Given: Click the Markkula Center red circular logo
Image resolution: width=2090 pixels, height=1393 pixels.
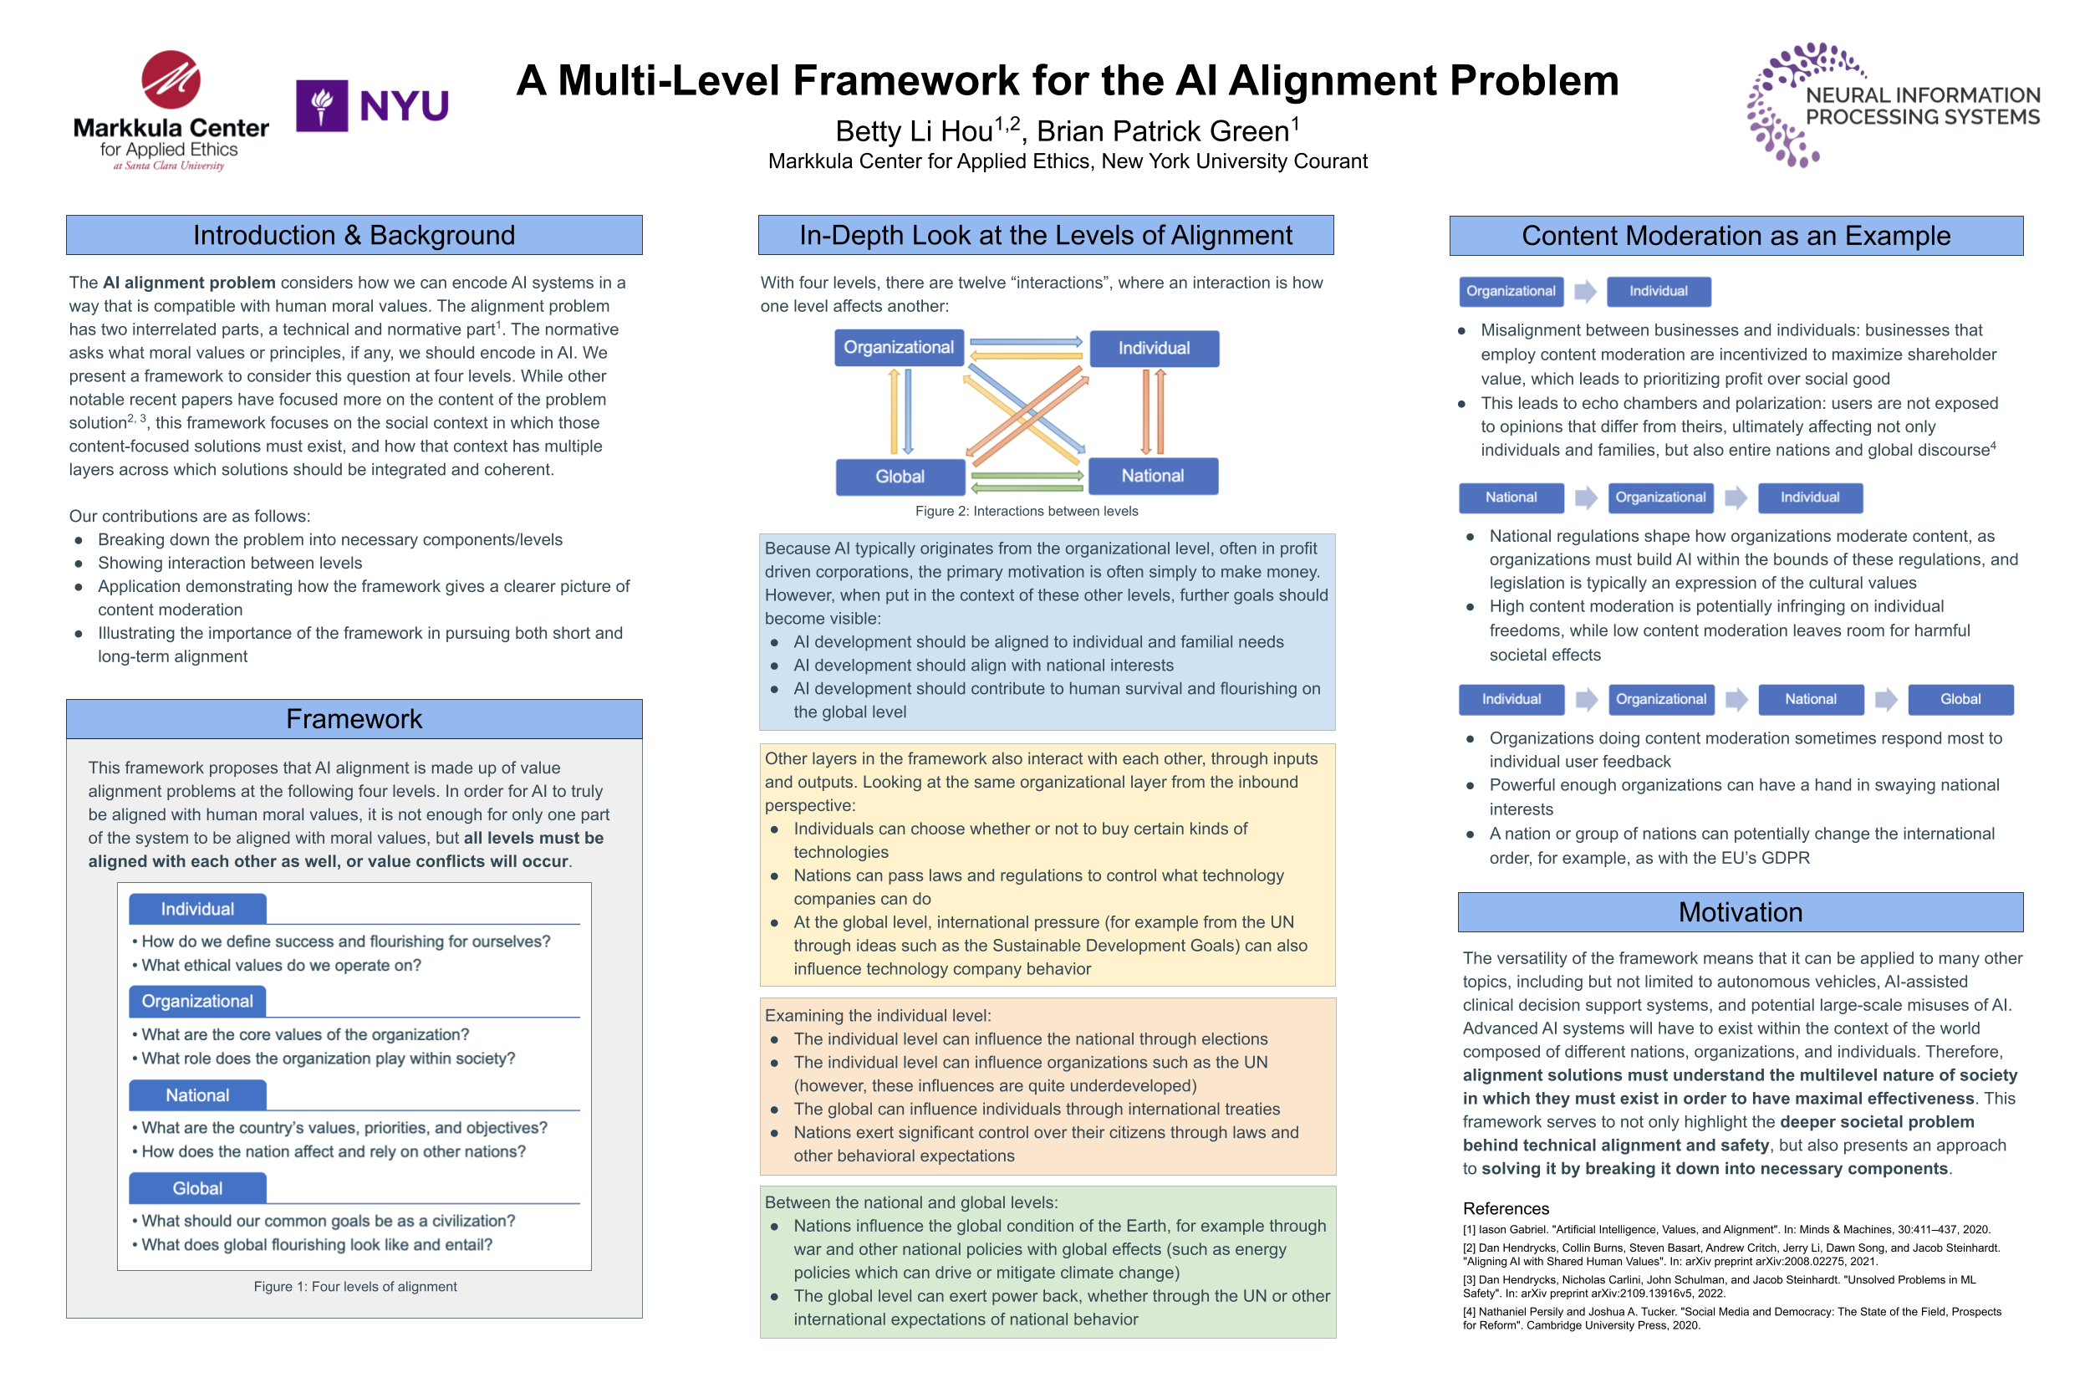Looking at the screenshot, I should tap(171, 80).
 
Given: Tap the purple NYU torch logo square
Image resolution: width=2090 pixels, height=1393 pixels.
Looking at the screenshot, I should tap(321, 105).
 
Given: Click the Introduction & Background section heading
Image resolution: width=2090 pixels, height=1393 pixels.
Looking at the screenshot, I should tap(354, 236).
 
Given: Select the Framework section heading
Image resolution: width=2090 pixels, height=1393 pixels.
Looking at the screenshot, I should tap(354, 719).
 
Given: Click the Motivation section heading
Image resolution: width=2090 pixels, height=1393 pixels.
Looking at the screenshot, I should tap(1739, 912).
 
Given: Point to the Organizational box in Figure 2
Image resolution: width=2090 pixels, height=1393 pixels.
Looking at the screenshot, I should tap(898, 347).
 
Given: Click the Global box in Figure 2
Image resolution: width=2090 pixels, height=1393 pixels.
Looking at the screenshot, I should tap(899, 477).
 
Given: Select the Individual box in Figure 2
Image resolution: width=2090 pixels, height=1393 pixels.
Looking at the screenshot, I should tap(1153, 348).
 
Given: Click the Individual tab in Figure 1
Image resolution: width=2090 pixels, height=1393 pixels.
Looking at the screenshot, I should tap(197, 909).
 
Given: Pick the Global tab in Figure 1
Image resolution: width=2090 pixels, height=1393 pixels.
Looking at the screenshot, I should tap(197, 1189).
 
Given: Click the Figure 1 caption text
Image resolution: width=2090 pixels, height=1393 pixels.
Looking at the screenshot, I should tap(354, 1286).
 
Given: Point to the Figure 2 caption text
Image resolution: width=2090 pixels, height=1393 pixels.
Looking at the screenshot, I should tap(1026, 511).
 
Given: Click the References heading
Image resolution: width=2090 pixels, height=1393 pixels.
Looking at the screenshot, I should tap(1505, 1208).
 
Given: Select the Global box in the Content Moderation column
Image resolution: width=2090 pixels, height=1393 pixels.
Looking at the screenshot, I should tap(1959, 699).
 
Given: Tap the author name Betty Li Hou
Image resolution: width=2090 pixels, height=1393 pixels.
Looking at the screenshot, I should tap(914, 131).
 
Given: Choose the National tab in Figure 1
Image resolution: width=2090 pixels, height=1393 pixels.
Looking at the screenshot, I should tap(197, 1095).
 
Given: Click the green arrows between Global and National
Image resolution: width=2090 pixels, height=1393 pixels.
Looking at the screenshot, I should tap(1026, 482).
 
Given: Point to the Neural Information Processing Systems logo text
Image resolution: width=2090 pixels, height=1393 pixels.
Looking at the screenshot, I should tap(1921, 105).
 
